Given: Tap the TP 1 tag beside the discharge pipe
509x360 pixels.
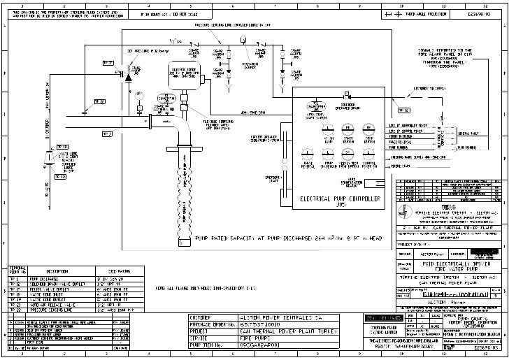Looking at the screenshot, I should point(107,63).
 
